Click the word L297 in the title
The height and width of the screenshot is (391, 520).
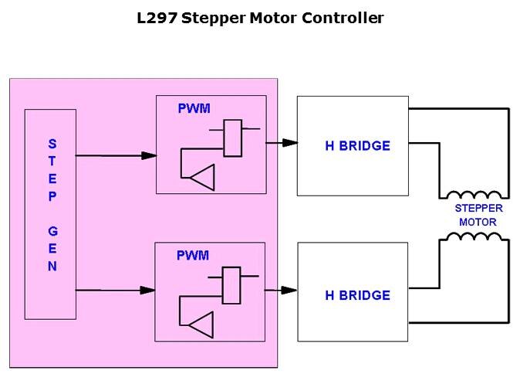point(157,18)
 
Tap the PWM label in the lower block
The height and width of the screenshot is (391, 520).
point(193,256)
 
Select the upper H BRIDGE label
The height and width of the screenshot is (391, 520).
point(357,146)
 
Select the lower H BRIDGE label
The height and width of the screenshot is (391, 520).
point(357,295)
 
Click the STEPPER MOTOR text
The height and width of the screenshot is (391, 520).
point(478,216)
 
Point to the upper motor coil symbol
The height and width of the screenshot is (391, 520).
point(474,194)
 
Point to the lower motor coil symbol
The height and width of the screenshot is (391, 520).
point(474,236)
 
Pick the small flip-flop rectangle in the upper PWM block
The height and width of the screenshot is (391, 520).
point(233,138)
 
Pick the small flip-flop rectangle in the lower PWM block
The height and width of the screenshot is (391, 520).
point(231,285)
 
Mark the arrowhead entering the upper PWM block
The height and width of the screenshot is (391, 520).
point(149,155)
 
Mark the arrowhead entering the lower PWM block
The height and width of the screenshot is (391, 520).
point(147,291)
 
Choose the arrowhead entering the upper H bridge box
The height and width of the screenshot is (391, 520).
point(290,143)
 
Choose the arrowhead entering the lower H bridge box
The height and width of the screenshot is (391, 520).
point(289,291)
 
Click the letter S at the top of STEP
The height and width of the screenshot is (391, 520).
point(52,144)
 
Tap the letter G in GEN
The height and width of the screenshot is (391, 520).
point(52,231)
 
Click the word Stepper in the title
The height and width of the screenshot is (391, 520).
point(215,18)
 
